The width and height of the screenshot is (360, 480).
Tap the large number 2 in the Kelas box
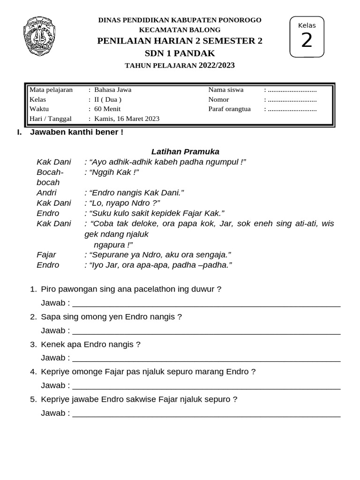pyautogui.click(x=307, y=41)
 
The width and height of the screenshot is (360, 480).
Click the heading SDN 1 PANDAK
pyautogui.click(x=180, y=53)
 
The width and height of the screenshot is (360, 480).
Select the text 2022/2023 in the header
pyautogui.click(x=216, y=65)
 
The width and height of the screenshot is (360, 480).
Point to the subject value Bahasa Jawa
pyautogui.click(x=112, y=90)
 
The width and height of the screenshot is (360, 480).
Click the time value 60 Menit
pyautogui.click(x=107, y=109)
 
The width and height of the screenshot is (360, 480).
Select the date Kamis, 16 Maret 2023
pyautogui.click(x=127, y=119)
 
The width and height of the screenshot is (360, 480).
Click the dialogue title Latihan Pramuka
pyautogui.click(x=185, y=151)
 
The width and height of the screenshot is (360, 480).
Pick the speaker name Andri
pyautogui.click(x=46, y=193)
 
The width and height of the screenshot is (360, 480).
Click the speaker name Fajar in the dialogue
pyautogui.click(x=46, y=255)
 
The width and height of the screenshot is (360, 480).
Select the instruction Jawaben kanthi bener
pyautogui.click(x=76, y=132)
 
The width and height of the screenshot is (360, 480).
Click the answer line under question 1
pyautogui.click(x=206, y=305)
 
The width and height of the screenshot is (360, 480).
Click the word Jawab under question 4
pyautogui.click(x=53, y=385)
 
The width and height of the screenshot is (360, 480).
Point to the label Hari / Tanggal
pyautogui.click(x=50, y=119)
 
